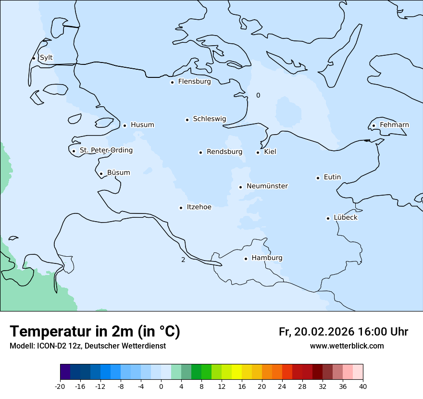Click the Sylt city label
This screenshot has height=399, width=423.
(x=46, y=58)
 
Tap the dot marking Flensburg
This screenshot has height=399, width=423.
(x=172, y=82)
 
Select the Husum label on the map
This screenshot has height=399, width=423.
(x=142, y=125)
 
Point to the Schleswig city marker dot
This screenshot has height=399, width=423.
(x=187, y=120)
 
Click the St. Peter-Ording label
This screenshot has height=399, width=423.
(x=106, y=150)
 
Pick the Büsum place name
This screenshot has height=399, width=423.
(x=118, y=173)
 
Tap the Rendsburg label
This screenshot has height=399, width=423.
(x=224, y=152)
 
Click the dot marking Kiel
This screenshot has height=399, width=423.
(x=258, y=152)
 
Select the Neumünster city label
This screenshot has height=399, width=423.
(x=267, y=186)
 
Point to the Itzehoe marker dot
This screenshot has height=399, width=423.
(x=181, y=208)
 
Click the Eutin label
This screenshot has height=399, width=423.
(x=332, y=177)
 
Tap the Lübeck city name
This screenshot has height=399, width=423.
(x=346, y=218)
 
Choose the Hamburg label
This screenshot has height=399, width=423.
(x=267, y=258)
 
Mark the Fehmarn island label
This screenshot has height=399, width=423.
(x=394, y=125)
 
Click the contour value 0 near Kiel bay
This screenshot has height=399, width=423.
(x=258, y=95)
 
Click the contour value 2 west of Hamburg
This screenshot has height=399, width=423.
(x=183, y=260)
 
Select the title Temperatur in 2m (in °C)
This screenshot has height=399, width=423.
(x=95, y=331)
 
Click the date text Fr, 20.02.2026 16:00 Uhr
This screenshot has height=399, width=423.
(x=343, y=332)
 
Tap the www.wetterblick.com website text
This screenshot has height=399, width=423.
(x=347, y=346)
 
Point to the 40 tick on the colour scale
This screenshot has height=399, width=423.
(x=363, y=386)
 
